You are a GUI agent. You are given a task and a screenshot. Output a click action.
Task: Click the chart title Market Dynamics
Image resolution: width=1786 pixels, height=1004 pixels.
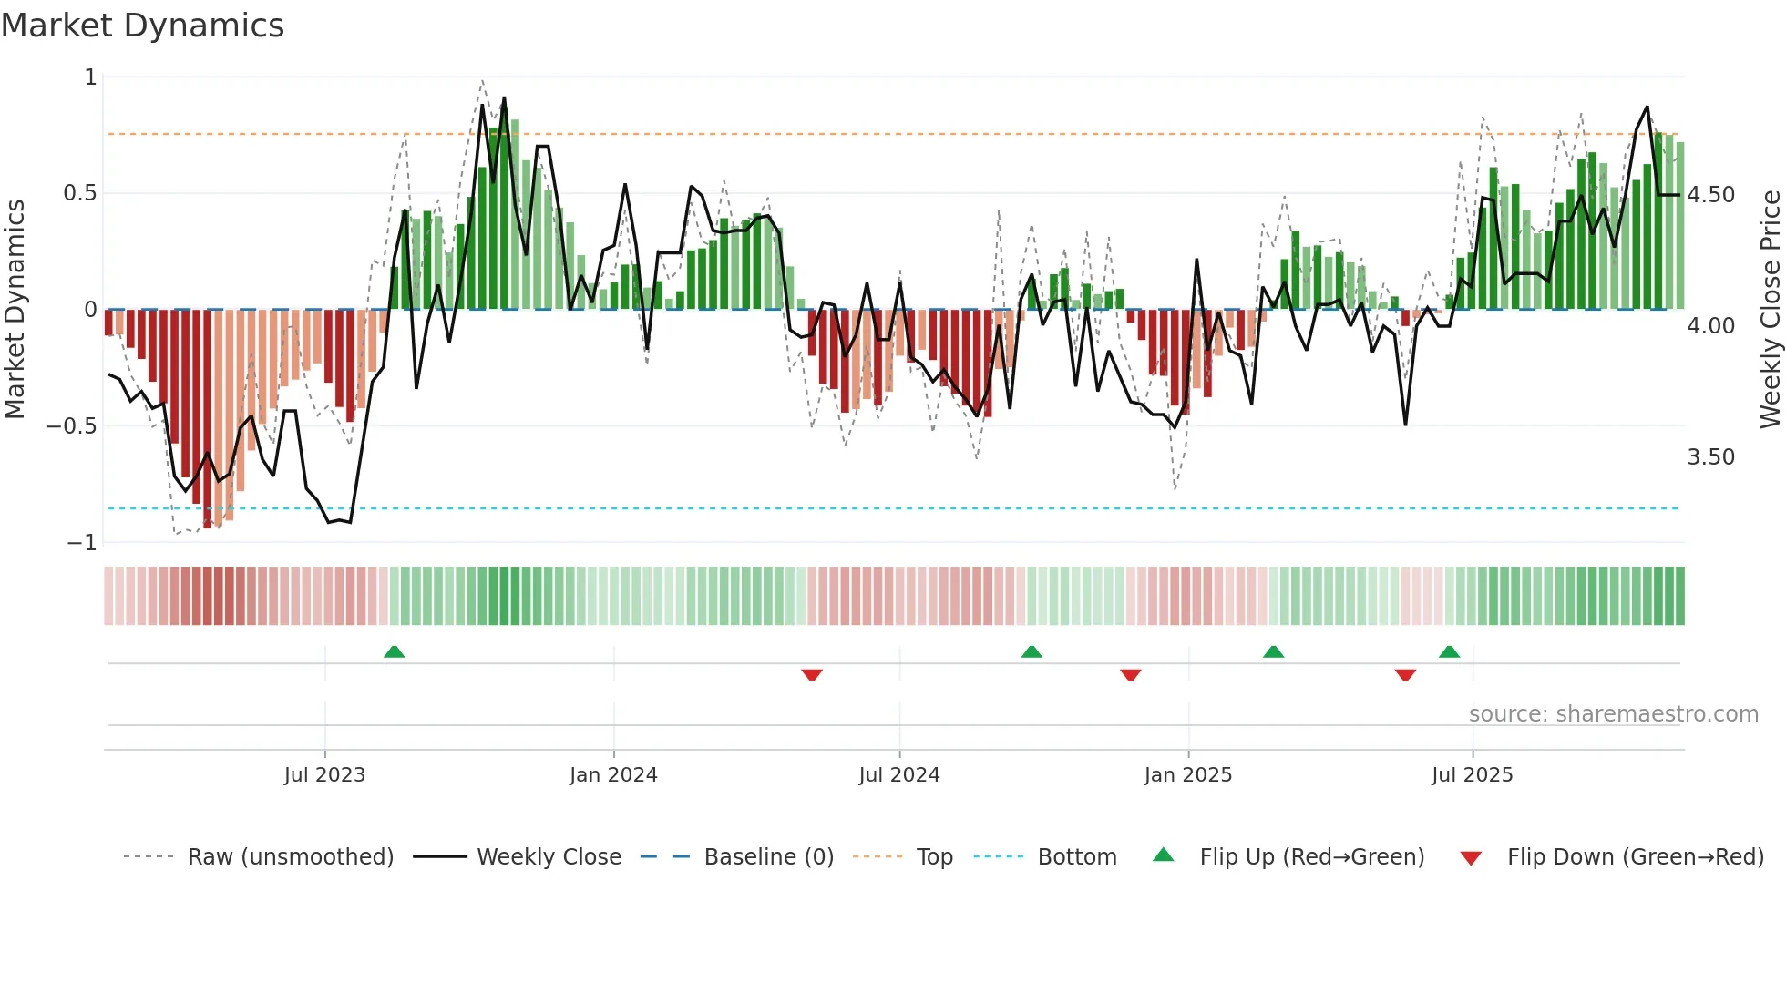coord(142,26)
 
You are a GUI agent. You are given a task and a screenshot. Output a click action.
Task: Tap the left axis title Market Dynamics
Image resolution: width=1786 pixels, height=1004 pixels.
coord(15,310)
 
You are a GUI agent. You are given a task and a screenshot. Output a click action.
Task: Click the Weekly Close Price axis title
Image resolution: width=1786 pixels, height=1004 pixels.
coord(1770,310)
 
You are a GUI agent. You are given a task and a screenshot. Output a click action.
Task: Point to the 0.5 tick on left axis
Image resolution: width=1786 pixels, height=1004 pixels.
coord(79,193)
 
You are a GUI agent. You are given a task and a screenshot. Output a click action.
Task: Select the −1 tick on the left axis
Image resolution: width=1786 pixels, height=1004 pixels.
coord(82,543)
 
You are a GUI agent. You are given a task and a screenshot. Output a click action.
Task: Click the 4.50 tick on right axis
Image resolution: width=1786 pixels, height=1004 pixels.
coord(1710,195)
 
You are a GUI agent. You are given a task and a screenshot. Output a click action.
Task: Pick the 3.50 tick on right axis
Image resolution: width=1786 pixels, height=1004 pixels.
coord(1710,457)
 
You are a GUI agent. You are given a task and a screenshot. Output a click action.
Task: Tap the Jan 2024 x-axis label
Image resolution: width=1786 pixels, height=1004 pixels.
coord(613,775)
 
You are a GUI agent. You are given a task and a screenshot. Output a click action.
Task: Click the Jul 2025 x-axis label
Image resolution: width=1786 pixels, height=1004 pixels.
coord(1472,775)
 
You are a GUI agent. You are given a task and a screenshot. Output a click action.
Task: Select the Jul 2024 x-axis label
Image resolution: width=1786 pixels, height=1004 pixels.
coord(898,775)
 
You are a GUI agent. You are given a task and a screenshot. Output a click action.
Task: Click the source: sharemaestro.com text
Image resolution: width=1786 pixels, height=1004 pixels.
coord(1613,714)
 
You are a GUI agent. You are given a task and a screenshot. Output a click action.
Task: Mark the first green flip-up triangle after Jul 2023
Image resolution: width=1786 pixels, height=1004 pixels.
coord(394,652)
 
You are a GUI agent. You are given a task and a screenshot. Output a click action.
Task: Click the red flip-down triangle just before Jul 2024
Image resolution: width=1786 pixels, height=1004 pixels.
coord(812,675)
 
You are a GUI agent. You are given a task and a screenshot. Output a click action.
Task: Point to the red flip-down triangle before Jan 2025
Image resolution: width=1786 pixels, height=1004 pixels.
coord(1131,675)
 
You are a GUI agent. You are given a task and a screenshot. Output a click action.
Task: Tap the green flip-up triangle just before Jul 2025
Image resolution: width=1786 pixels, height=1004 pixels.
coord(1449,652)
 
